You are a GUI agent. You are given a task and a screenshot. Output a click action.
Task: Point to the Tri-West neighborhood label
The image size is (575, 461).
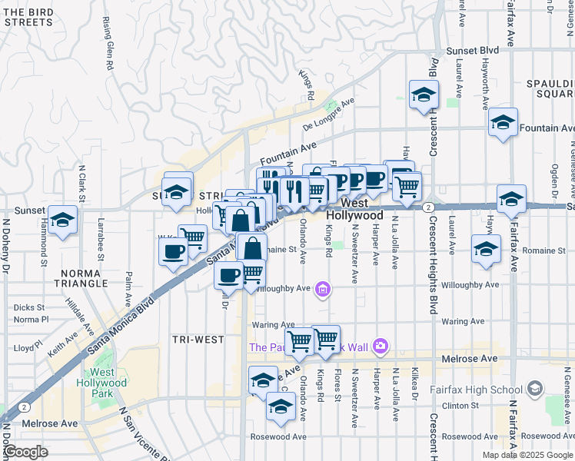pos(198,339)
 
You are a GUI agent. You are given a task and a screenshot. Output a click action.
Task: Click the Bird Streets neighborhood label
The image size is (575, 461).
pos(29,17)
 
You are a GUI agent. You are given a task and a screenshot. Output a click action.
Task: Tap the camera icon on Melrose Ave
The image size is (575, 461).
pos(380,347)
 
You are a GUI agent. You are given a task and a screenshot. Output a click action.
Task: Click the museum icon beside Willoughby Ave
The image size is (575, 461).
pos(323,290)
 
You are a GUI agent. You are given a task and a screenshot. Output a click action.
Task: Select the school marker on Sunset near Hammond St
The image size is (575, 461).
pos(62,220)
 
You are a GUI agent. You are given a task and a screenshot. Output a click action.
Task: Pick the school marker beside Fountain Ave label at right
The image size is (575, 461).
pos(503,123)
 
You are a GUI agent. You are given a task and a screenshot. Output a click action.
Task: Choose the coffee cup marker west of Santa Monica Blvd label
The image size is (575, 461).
pos(174,250)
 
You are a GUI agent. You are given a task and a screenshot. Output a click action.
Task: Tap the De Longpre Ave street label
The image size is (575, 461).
pos(328,112)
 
